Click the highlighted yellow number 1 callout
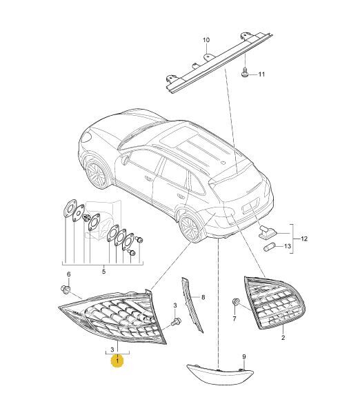click(x=117, y=361)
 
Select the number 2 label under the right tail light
click(x=283, y=338)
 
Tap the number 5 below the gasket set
click(x=103, y=272)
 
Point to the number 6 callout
click(x=68, y=274)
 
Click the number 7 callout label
click(x=234, y=319)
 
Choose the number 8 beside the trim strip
click(x=203, y=297)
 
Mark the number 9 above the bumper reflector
click(x=243, y=356)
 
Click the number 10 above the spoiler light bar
click(x=206, y=40)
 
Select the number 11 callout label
click(x=261, y=74)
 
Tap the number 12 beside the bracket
click(x=304, y=239)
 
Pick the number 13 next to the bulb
click(x=288, y=246)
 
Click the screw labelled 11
click(x=245, y=72)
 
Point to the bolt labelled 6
click(x=66, y=290)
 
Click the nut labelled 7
click(x=235, y=302)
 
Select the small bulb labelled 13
click(x=270, y=247)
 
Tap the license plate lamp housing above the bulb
click(x=268, y=232)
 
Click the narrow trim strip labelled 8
click(x=192, y=304)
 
